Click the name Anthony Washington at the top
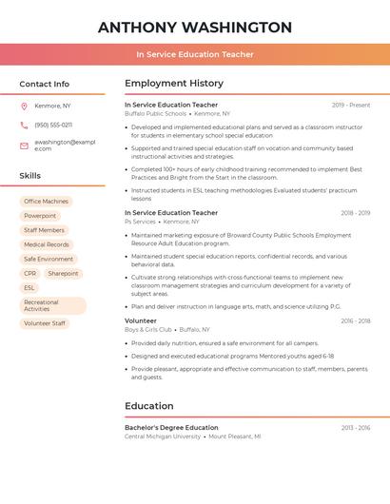coord(195,27)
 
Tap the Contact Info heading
coord(44,84)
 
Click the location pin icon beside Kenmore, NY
coord(24,106)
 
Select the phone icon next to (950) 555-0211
coord(24,125)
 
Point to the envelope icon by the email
coord(24,145)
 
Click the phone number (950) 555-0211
coord(53,125)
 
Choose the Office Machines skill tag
coord(46,202)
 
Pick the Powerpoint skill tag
coord(40,216)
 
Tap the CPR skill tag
coord(29,273)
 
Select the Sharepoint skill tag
coord(63,273)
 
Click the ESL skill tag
coord(29,287)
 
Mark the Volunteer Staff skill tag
coord(45,323)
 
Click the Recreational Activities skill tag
coord(52,305)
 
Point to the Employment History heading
coord(173,83)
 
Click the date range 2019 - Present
coord(351,105)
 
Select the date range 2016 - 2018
coord(355,321)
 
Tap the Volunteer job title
coord(141,321)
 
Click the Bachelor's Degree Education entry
coord(171,428)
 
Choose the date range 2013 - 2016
coord(355,428)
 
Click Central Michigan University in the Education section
coord(163,436)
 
